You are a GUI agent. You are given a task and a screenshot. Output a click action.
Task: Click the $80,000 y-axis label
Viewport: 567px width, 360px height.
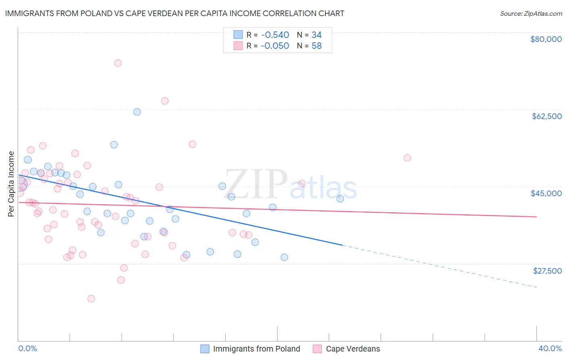[546, 39]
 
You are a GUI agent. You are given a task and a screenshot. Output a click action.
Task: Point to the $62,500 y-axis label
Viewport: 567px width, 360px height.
[546, 116]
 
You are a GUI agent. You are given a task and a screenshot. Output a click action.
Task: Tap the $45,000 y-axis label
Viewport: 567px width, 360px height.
[546, 193]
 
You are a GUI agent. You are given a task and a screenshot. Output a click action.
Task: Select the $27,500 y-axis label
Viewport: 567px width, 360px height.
[547, 271]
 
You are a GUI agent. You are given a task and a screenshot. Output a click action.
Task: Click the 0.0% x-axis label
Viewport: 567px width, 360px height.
[27, 348]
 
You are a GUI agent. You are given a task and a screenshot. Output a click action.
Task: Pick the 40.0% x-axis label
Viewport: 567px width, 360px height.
[550, 348]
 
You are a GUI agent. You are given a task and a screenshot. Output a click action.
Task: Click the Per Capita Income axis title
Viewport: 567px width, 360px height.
[11, 184]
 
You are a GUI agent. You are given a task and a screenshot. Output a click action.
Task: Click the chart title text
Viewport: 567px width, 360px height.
[175, 13]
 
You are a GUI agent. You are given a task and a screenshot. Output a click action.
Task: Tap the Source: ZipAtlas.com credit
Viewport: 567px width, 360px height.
[531, 14]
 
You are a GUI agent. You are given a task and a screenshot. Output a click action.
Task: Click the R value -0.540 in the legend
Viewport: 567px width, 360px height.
[275, 35]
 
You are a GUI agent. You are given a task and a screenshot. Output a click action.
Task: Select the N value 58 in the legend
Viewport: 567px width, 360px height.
[317, 46]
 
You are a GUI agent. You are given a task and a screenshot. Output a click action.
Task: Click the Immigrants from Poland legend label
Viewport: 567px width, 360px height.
[256, 349]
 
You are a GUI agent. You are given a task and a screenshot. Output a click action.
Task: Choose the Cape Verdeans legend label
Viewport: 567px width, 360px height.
[353, 349]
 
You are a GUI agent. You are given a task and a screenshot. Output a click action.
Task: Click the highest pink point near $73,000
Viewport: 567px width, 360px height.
[118, 63]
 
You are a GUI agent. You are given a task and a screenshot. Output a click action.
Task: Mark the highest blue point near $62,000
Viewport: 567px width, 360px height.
[137, 112]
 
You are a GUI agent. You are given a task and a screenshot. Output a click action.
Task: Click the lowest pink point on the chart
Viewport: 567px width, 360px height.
[91, 299]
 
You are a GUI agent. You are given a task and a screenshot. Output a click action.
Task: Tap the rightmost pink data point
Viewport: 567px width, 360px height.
[407, 158]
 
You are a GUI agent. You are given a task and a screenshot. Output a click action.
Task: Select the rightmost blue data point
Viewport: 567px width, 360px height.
[340, 199]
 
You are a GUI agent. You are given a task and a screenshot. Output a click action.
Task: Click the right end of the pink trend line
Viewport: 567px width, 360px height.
[537, 217]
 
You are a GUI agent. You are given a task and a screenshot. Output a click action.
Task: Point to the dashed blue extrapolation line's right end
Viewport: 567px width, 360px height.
[537, 287]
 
